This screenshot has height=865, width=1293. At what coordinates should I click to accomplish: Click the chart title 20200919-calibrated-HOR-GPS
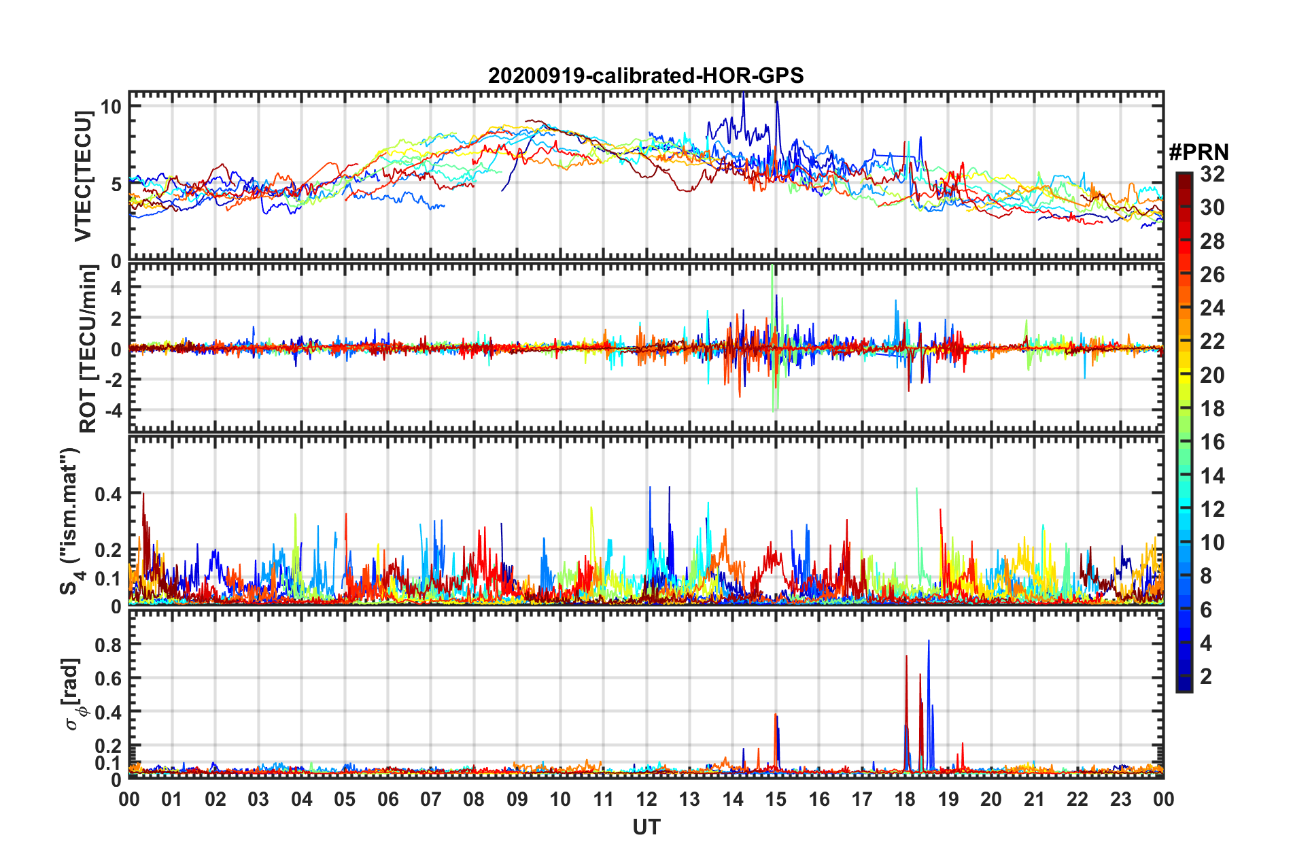point(646,75)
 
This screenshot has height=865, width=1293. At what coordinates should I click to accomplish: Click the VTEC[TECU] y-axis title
point(83,177)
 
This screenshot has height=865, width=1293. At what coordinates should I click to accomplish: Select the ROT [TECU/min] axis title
point(88,349)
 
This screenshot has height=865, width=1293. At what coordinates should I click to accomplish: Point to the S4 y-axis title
point(69,521)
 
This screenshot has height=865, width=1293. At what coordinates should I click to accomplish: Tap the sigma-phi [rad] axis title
point(72,694)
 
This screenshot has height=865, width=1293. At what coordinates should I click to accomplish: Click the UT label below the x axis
point(646,827)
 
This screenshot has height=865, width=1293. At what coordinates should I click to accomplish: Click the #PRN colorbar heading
point(1199,152)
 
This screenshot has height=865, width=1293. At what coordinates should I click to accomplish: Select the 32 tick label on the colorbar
point(1212,174)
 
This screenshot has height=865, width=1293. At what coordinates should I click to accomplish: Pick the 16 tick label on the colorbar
point(1212,442)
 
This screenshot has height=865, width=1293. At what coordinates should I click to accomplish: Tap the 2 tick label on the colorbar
point(1206,677)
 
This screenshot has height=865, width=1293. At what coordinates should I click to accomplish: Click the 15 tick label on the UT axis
point(776,799)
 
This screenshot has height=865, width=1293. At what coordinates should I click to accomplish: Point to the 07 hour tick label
point(431,799)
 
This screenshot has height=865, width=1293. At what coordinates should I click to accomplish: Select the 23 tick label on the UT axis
point(1120,799)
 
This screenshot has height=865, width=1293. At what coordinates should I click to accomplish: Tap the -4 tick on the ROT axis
point(111,410)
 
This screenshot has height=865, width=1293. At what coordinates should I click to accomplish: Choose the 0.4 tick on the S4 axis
point(109,494)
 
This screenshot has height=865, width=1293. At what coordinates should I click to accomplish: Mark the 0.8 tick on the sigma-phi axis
point(109,644)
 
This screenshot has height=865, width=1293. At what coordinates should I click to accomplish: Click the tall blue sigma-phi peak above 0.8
point(929,641)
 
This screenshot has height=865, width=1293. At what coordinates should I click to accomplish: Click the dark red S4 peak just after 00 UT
point(143,495)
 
